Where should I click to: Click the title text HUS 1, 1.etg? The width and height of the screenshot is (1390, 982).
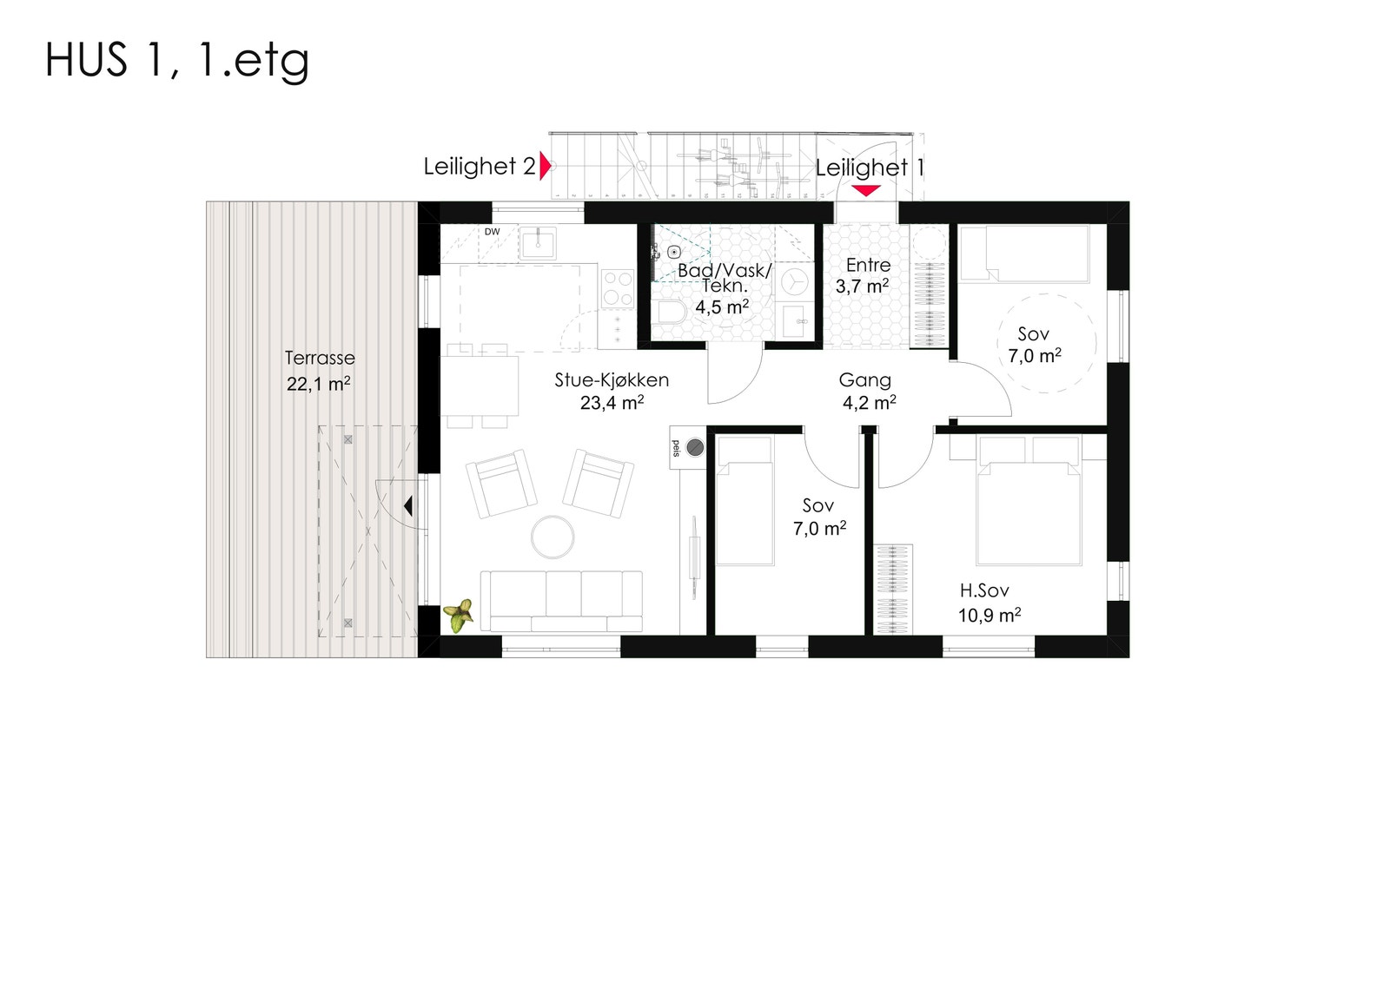coord(176,61)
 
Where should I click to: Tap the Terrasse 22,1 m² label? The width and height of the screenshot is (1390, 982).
coord(319,371)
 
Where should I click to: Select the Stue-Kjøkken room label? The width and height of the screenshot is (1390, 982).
coord(612,391)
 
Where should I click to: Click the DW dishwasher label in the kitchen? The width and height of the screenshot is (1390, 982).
coord(492,232)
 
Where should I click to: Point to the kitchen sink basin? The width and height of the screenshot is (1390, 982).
coord(538,242)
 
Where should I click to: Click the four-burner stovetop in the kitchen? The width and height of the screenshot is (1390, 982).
coord(618,289)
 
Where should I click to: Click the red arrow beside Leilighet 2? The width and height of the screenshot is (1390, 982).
coord(545,166)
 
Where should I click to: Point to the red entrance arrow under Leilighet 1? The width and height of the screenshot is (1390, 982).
coord(865,190)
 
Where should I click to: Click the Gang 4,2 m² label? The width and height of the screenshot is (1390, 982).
coord(867,391)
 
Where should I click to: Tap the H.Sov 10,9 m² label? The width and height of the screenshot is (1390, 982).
coord(988,603)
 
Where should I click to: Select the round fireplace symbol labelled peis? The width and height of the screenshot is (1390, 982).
coord(695,448)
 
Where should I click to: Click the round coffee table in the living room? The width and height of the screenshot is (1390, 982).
coord(553,537)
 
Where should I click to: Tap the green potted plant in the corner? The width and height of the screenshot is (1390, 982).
coord(459,616)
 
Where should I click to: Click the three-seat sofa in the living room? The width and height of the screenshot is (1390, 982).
coord(562,600)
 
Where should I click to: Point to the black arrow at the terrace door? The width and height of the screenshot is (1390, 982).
coord(407,506)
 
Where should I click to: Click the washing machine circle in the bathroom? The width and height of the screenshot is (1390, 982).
coord(794,282)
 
